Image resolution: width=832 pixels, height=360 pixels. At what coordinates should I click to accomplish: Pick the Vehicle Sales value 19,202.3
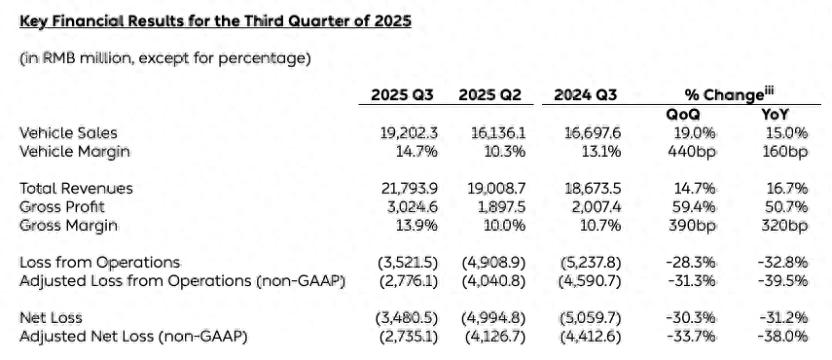click(x=412, y=132)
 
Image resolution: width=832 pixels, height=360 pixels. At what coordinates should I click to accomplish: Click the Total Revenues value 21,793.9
click(x=412, y=188)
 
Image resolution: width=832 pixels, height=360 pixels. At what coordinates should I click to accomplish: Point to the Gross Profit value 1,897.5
click(x=500, y=206)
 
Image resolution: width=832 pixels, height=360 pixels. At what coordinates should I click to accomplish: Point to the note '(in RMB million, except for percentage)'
click(x=165, y=58)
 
